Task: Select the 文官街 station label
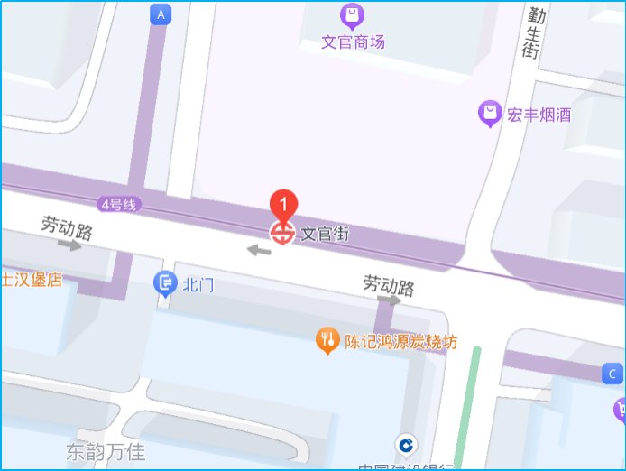click(x=325, y=234)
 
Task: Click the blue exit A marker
click(x=161, y=14)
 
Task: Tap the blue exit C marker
click(x=612, y=374)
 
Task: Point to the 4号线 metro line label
click(x=118, y=205)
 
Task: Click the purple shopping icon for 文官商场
click(x=352, y=15)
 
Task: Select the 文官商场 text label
click(x=354, y=42)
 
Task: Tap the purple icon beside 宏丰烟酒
click(x=490, y=114)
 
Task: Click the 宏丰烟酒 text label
click(x=539, y=115)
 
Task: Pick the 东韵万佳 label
click(x=106, y=450)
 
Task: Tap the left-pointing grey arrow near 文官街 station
click(x=259, y=249)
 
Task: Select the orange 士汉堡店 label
click(x=31, y=279)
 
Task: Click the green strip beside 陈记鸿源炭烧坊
click(x=468, y=406)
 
